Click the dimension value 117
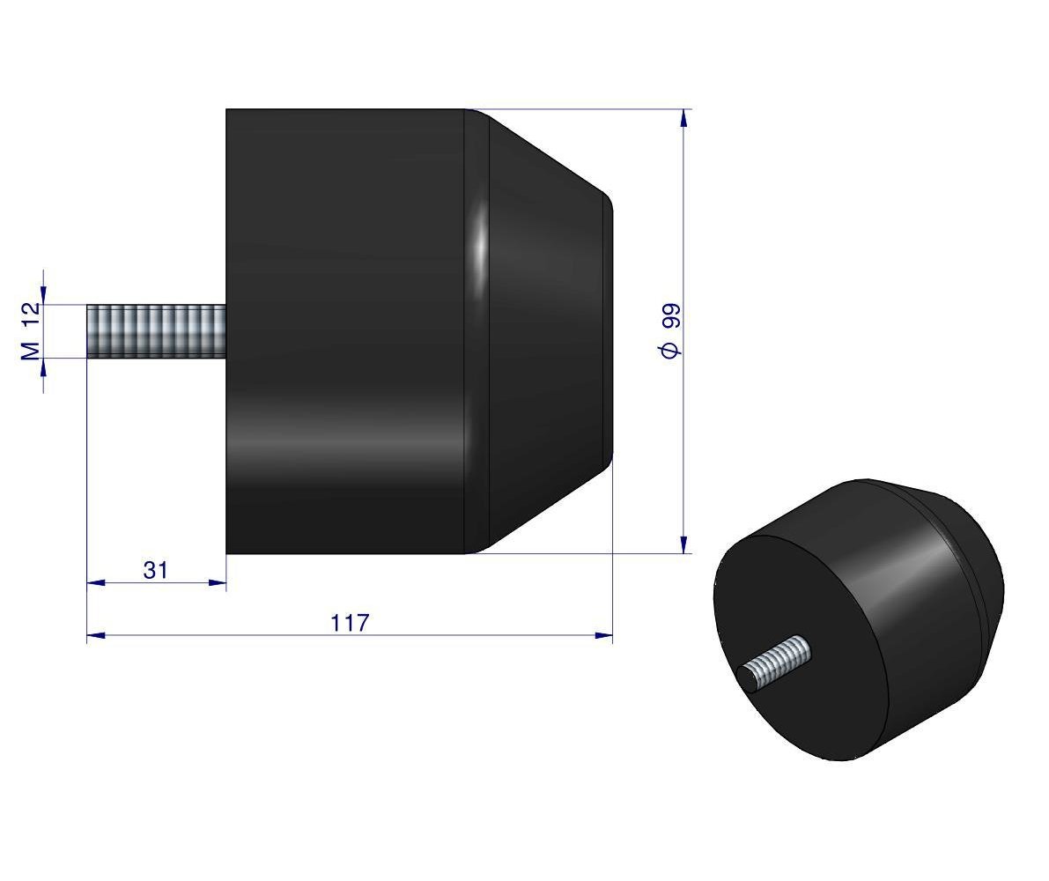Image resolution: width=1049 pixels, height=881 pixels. click(x=350, y=622)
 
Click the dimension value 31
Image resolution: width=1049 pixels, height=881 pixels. click(x=155, y=570)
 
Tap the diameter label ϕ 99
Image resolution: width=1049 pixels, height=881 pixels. click(x=669, y=330)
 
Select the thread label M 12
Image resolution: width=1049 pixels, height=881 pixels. click(x=30, y=330)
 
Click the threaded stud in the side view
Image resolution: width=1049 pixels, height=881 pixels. click(x=156, y=330)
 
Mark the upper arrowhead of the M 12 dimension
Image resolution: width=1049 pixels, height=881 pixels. click(x=43, y=297)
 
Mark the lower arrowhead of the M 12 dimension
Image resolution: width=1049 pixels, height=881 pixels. click(x=43, y=365)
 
